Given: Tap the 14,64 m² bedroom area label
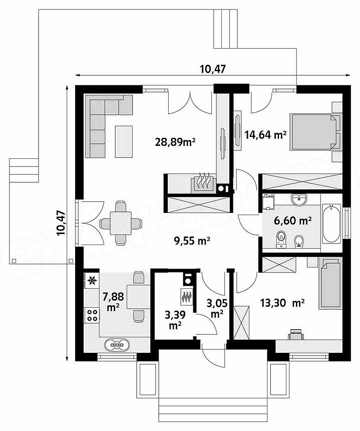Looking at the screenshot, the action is tap(265, 135).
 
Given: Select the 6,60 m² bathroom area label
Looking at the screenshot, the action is tap(293, 220).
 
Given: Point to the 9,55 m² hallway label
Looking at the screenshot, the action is tap(192, 241).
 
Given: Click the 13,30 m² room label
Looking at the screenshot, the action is tap(282, 303).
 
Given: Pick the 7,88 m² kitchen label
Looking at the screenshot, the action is tap(113, 302).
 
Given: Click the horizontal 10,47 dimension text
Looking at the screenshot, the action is tap(213, 69).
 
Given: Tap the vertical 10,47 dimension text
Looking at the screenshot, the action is tap(61, 223).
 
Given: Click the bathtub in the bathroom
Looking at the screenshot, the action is tap(331, 223).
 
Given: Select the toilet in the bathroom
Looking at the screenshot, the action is tap(281, 239).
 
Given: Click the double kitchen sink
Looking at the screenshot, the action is tap(117, 344).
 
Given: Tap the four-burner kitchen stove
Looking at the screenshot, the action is tap(92, 315).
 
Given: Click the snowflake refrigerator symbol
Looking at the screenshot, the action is tap(92, 280).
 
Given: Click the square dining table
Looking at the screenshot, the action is tap(121, 223).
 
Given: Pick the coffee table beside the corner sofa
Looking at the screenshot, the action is tap(124, 141).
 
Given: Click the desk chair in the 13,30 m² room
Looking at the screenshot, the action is tap(296, 334).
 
